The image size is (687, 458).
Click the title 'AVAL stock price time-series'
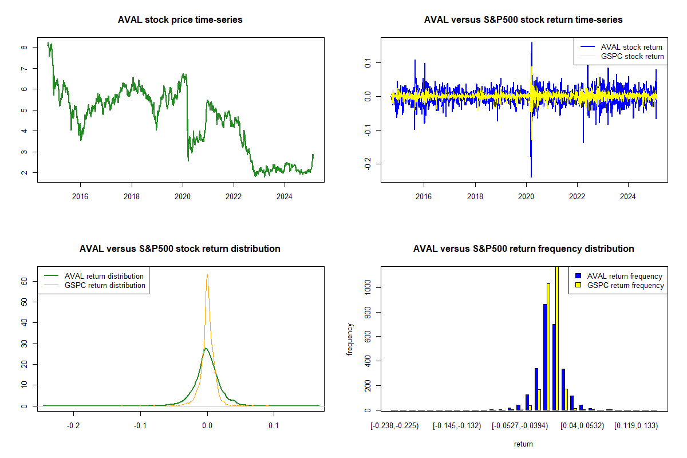[x=180, y=20]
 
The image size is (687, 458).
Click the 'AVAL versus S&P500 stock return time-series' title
[x=523, y=20]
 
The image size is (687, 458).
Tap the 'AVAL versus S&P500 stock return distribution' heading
[x=180, y=249]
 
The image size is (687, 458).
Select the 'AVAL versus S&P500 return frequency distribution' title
[x=523, y=249]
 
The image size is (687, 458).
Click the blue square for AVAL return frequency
[x=578, y=276]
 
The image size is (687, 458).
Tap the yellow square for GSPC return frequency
[x=578, y=285]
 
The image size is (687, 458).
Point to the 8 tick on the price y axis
[x=25, y=48]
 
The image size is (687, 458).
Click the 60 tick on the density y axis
[x=25, y=281]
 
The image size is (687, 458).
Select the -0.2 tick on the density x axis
[x=73, y=426]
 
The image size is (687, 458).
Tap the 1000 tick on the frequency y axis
[x=368, y=287]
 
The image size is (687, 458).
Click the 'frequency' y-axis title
[x=350, y=339]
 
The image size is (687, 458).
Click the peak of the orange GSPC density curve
[x=207, y=275]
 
